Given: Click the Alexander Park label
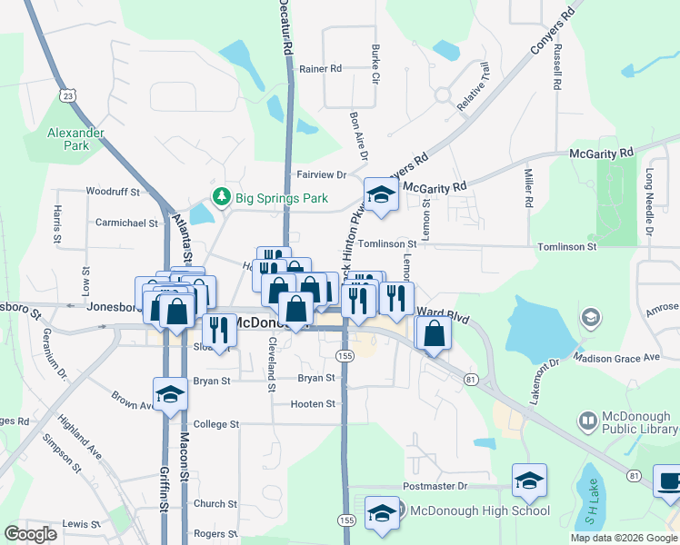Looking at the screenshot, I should coord(76,138).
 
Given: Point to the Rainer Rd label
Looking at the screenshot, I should coord(320,68).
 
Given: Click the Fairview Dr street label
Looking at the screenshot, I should coord(322,174).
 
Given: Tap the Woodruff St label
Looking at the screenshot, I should coord(113,192).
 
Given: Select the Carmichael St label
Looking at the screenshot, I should coord(126,222).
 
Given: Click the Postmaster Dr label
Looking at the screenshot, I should coord(435,486).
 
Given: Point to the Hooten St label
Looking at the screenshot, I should coord(313,403).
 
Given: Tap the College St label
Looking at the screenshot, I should coord(215,424).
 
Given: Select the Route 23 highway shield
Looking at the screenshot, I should coord(68,94).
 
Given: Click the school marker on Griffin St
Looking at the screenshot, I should coord(169,395).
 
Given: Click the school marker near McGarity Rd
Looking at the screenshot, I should coord(381,194).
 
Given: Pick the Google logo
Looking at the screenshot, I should coord(31,534).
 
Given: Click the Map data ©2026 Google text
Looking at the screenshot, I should coord(624,538).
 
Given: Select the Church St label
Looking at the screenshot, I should coord(215,504).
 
